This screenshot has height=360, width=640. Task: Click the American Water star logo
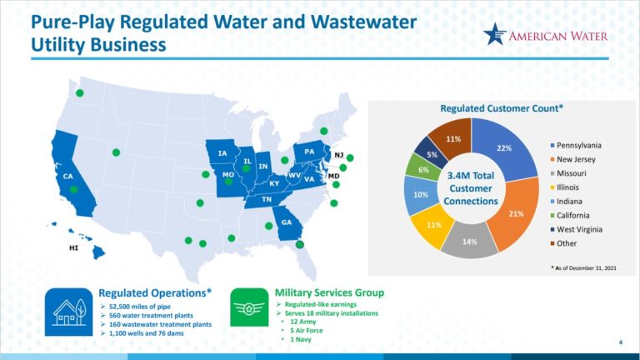[x=494, y=35]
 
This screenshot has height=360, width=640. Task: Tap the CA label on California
[x=67, y=177]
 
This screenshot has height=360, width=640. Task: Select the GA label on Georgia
[x=287, y=222]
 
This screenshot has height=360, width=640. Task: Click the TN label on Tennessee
[x=267, y=200]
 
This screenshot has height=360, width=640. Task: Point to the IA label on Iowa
[x=222, y=153]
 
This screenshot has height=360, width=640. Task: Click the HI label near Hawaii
[x=73, y=247]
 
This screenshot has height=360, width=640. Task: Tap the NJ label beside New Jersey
[x=338, y=155]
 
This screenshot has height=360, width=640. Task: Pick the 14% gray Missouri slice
[x=469, y=241]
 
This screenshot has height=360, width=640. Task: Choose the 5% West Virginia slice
[x=432, y=154]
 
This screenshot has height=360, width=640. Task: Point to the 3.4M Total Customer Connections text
[x=472, y=187]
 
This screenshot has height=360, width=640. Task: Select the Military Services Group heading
[x=329, y=292]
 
